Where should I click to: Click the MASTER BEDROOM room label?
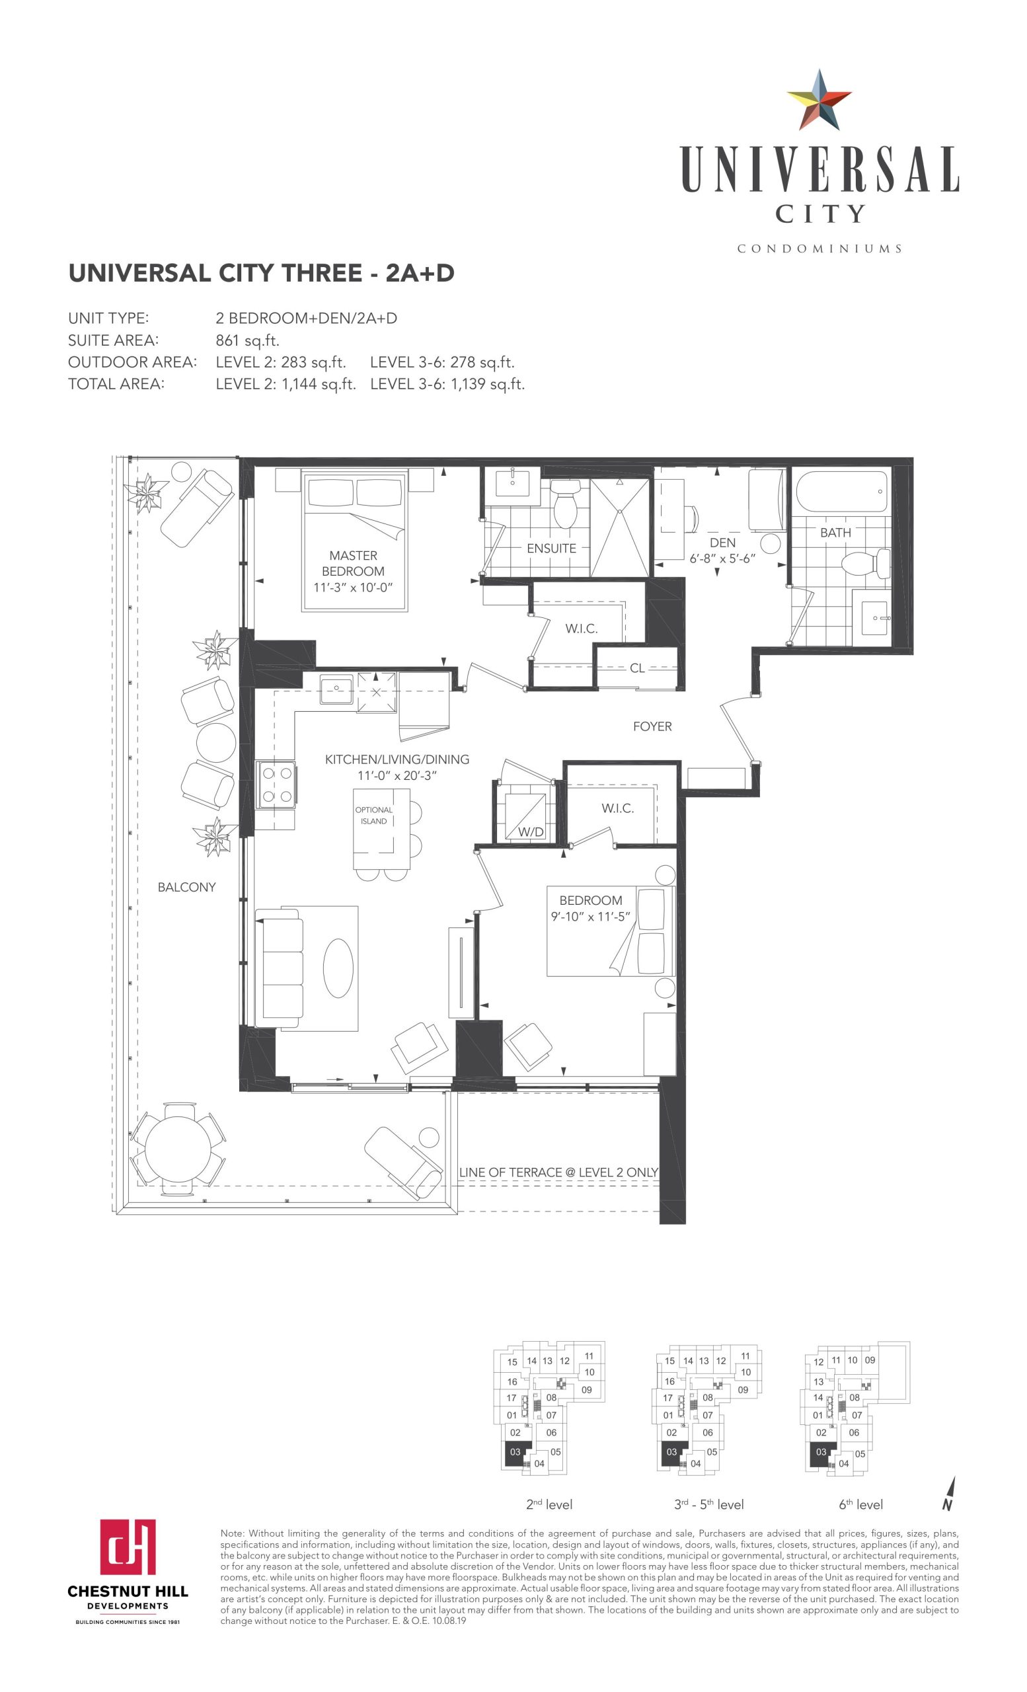353,563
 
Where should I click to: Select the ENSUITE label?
551,548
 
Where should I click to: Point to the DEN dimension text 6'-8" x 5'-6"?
722,558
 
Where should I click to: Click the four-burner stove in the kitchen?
276,784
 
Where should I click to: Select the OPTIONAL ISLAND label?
373,815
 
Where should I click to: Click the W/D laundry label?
530,831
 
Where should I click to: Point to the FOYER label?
652,726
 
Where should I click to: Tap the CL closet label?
636,668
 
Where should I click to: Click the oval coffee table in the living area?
338,968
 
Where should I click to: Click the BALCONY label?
187,886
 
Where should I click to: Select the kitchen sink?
336,689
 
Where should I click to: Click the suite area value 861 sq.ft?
247,340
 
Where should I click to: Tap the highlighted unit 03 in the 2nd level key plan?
515,1451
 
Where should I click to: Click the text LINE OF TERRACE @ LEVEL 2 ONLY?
558,1171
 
